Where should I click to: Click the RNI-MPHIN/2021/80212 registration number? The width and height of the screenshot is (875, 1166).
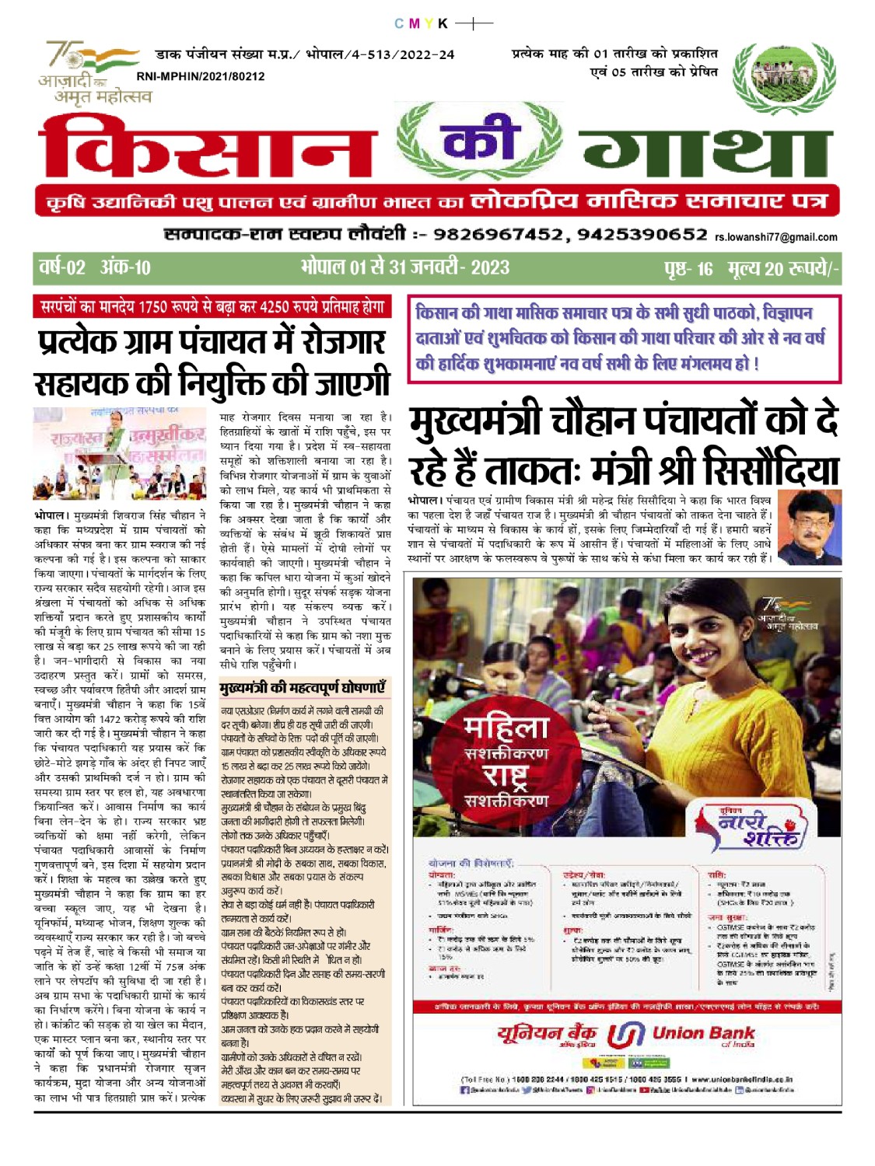[x=201, y=76]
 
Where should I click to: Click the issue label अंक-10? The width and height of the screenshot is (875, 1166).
[x=125, y=268]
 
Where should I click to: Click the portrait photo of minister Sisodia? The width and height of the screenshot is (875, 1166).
[x=809, y=526]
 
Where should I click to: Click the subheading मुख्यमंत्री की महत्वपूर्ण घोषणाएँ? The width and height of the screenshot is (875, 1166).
[x=303, y=688]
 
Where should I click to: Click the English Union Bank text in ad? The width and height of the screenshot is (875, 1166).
[x=703, y=1033]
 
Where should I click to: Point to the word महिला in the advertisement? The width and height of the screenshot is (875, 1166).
[x=506, y=728]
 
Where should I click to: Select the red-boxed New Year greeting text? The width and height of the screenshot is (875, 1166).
[x=624, y=338]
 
